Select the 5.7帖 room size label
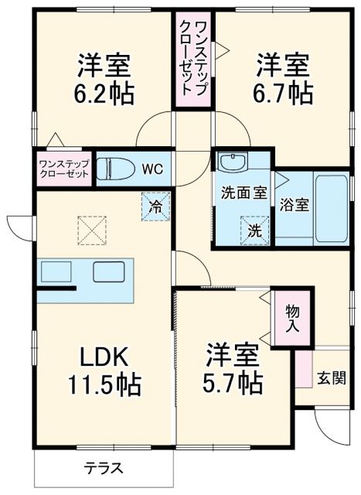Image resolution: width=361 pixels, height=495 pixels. (x=233, y=381)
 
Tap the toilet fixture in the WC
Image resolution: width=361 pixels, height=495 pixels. (x=112, y=168)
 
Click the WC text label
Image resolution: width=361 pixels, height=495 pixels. (x=152, y=167)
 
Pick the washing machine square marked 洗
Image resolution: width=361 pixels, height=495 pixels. (x=254, y=230)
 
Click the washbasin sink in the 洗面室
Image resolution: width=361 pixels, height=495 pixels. (x=231, y=163)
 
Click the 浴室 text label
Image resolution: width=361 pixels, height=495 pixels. (x=295, y=205)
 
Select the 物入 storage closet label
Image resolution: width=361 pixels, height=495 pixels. (x=294, y=317)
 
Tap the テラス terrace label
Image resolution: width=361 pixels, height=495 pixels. (x=102, y=468)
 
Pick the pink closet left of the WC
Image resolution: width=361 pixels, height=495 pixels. (x=64, y=167)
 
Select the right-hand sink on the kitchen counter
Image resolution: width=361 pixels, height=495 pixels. (x=104, y=272)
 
